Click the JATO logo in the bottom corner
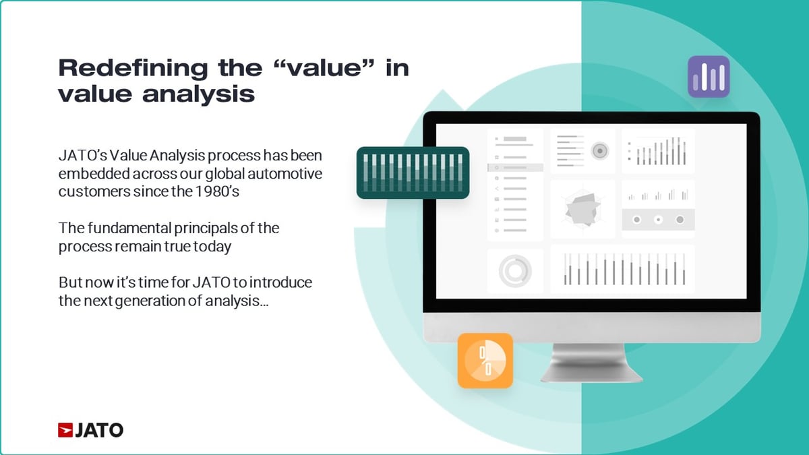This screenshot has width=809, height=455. [90, 429]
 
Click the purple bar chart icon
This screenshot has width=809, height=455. [709, 77]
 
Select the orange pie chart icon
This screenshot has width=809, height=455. [485, 361]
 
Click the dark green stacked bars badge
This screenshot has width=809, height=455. [413, 173]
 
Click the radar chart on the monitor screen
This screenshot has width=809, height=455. [582, 209]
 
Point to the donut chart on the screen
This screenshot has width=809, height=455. [515, 271]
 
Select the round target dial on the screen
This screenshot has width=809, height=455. [599, 151]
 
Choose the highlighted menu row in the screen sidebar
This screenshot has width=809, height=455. [515, 167]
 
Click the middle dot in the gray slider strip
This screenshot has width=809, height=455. [658, 220]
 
